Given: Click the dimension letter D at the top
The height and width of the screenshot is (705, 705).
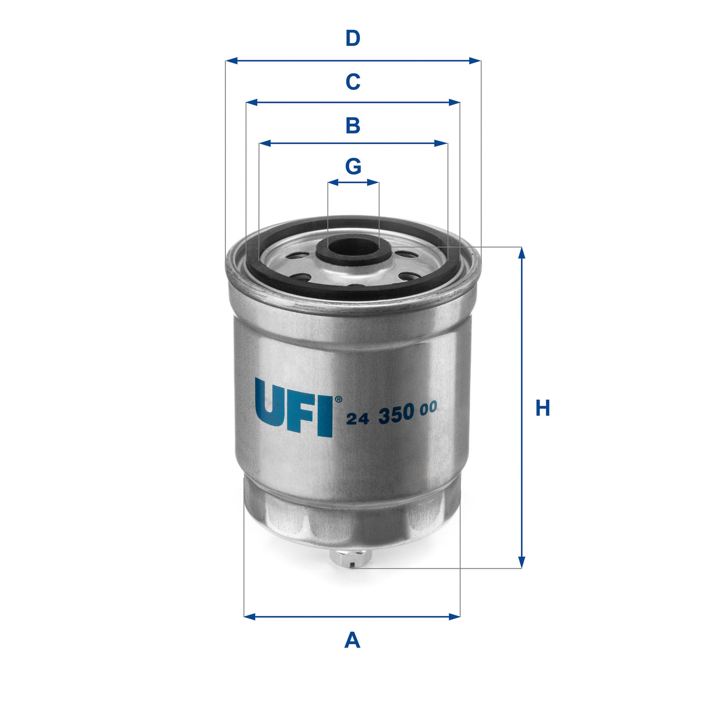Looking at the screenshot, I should click(x=352, y=38).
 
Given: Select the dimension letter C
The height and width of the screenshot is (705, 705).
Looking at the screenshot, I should click(x=352, y=82).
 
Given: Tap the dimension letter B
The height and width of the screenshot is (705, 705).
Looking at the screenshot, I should click(x=352, y=125).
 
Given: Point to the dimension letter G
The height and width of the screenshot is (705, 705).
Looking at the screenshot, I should click(x=353, y=167).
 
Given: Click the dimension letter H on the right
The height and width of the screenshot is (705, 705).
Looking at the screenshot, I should click(x=542, y=408).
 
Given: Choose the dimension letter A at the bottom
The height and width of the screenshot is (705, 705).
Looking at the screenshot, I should click(x=352, y=641).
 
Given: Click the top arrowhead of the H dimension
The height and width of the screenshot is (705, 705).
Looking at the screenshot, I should click(x=521, y=253).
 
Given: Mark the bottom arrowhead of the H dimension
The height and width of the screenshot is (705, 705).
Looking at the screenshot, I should click(x=521, y=562).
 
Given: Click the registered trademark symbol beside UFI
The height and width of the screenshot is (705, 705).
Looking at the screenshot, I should click(x=338, y=399).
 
